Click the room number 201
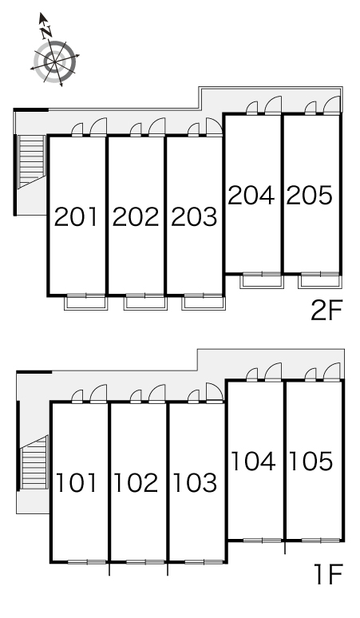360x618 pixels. pyautogui.click(x=76, y=216)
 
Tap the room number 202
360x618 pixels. pyautogui.click(x=136, y=216)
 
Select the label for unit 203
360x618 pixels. pyautogui.click(x=194, y=216)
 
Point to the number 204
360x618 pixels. pyautogui.click(x=251, y=195)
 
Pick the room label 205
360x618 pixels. pyautogui.click(x=309, y=195)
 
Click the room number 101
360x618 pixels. pyautogui.click(x=77, y=483)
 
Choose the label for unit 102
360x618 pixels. pyautogui.click(x=136, y=483)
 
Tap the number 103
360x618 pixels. pyautogui.click(x=195, y=483)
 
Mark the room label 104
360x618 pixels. pyautogui.click(x=253, y=462)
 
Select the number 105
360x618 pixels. pyautogui.click(x=311, y=462)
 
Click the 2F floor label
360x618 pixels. pyautogui.click(x=327, y=311)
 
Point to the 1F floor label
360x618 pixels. pyautogui.click(x=329, y=574)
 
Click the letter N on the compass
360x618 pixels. pyautogui.click(x=47, y=32)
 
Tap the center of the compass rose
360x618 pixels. pyautogui.click(x=55, y=61)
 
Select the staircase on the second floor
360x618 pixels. pyautogui.click(x=31, y=161)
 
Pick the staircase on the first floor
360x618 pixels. pyautogui.click(x=34, y=462)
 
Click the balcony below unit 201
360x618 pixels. pyautogui.click(x=86, y=303)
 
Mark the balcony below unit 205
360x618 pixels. pyautogui.click(x=319, y=281)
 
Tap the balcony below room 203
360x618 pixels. pyautogui.click(x=204, y=303)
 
